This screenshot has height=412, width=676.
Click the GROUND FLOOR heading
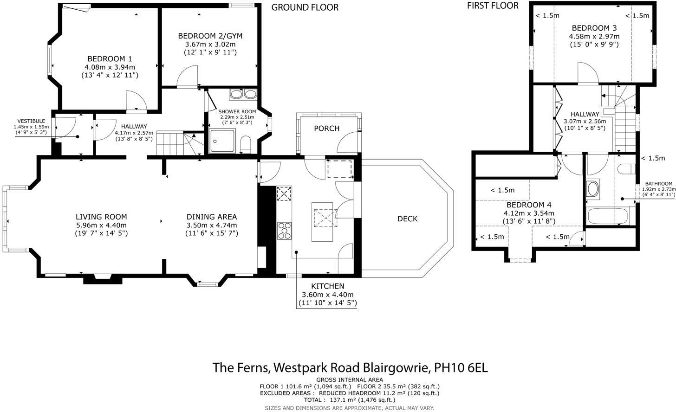click(x=305, y=7)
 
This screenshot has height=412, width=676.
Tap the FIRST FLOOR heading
click(x=493, y=6)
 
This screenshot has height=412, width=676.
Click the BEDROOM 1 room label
click(x=110, y=59)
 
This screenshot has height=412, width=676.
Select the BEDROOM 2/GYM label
click(x=210, y=36)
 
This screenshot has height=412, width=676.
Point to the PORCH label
click(x=327, y=129)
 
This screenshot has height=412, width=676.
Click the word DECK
click(x=408, y=219)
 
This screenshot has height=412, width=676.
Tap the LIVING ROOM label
click(x=101, y=217)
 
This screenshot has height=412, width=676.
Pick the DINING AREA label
click(x=212, y=217)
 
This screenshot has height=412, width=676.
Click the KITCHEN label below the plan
click(x=328, y=286)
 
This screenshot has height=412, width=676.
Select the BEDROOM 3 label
click(x=594, y=28)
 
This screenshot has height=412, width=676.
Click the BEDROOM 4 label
click(x=529, y=205)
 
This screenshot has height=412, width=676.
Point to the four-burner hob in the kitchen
click(x=284, y=231)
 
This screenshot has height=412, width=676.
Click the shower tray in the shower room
click(x=222, y=141)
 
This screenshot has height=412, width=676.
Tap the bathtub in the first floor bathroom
click(x=607, y=216)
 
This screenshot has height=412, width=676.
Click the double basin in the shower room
click(x=243, y=94)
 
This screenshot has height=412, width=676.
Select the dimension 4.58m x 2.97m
click(x=594, y=37)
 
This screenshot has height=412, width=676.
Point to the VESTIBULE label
click(x=31, y=121)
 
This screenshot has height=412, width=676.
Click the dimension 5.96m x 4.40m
click(x=101, y=225)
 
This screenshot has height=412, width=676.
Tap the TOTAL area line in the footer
click(x=350, y=400)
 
